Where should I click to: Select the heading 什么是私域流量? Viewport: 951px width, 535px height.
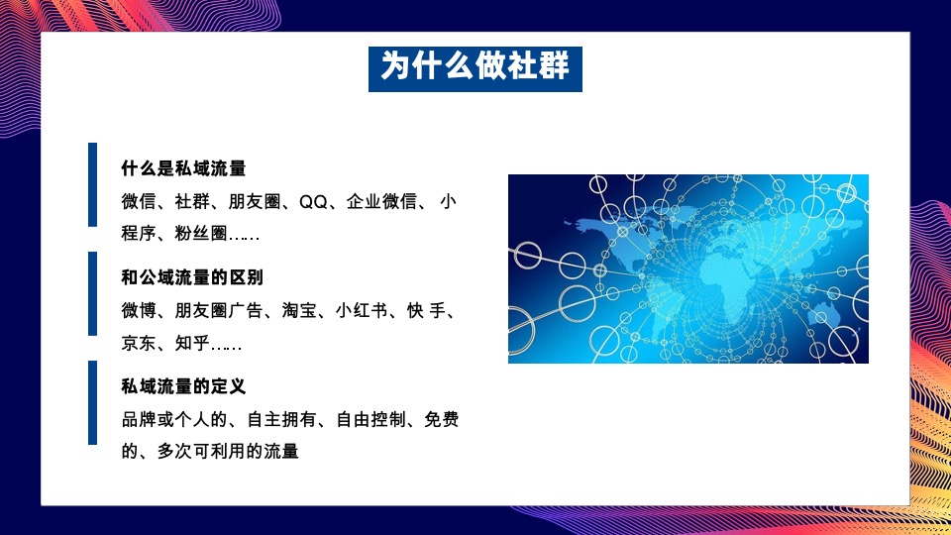pyautogui.click(x=183, y=168)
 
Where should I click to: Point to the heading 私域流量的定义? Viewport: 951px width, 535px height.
pyautogui.click(x=183, y=386)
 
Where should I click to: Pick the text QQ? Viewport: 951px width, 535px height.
pyautogui.click(x=313, y=201)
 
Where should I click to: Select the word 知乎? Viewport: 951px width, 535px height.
pyautogui.click(x=192, y=344)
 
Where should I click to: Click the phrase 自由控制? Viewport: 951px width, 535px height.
pyautogui.click(x=370, y=420)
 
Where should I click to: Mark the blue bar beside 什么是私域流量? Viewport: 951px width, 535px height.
pyautogui.click(x=92, y=184)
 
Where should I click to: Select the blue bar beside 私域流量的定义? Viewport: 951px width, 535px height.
pyautogui.click(x=92, y=402)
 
